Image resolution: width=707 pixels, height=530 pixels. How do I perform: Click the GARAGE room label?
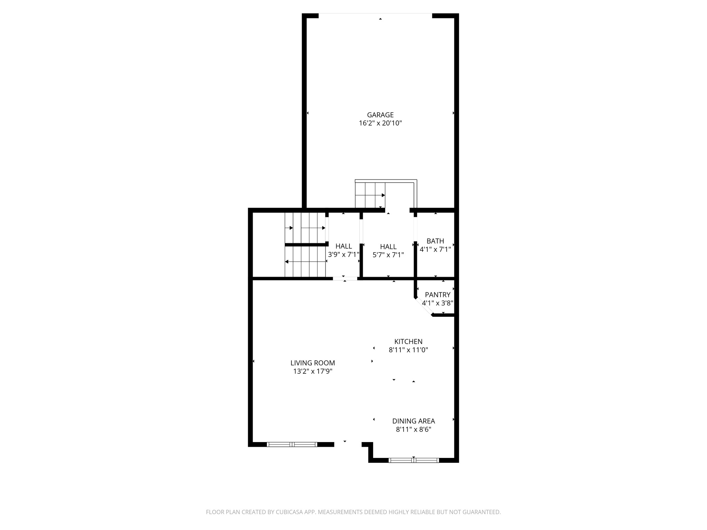click(x=380, y=115)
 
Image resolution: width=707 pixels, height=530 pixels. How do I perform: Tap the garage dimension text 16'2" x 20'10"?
click(x=380, y=123)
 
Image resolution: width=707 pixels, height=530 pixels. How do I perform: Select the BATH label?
click(x=435, y=241)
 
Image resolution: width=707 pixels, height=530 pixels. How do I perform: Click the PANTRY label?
click(x=437, y=295)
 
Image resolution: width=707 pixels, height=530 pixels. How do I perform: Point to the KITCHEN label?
click(x=408, y=341)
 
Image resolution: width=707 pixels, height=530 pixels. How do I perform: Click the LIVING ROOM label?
click(x=312, y=363)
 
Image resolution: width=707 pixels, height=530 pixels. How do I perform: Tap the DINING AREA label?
click(x=413, y=421)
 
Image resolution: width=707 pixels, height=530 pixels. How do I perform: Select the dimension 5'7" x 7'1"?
click(x=388, y=255)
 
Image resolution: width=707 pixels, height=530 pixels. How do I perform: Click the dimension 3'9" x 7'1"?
click(x=343, y=255)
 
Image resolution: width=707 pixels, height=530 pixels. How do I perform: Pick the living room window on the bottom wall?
click(x=292, y=444)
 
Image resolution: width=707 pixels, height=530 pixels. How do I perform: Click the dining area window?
click(x=413, y=460)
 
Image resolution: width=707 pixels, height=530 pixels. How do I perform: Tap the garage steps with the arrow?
click(x=370, y=195)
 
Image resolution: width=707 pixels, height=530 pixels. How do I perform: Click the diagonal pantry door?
click(x=424, y=307)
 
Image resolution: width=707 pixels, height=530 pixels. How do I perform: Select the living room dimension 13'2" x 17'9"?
click(x=312, y=372)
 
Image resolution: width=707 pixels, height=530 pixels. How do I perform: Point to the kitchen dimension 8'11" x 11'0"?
click(x=408, y=350)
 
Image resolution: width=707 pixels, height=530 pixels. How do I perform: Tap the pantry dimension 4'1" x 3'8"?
click(x=437, y=303)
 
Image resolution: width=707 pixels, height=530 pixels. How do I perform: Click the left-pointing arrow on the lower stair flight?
click(x=287, y=262)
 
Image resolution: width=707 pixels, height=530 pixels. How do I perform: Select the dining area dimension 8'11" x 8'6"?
click(x=413, y=430)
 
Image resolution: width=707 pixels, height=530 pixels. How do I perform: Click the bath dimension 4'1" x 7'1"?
click(x=435, y=249)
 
